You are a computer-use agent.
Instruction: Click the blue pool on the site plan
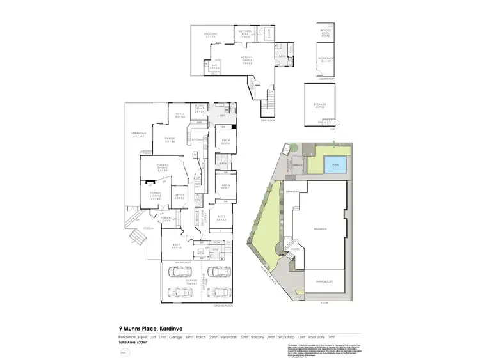(x=337, y=166)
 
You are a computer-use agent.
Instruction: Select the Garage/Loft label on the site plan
(x=318, y=280)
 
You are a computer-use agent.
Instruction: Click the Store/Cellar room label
(x=199, y=109)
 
